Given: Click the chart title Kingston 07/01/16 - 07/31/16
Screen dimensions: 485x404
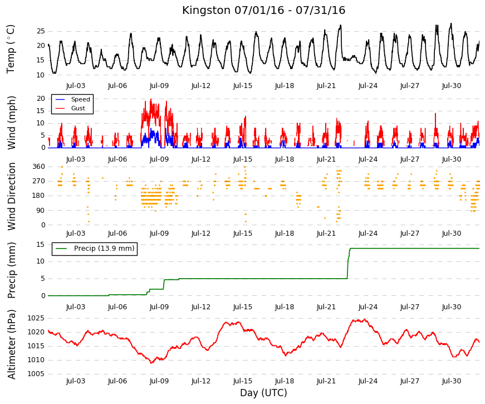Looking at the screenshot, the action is click(263, 10).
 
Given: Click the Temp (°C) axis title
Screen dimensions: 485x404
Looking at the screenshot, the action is click(11, 49).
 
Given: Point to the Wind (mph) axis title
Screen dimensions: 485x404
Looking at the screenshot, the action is click(11, 123).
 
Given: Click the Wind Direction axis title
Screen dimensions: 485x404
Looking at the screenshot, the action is click(11, 196).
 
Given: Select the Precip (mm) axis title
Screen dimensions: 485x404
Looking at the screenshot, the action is click(11, 270).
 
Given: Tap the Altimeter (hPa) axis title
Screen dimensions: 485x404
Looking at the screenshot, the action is click(11, 344).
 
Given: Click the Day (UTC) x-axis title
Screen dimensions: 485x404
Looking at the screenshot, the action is click(263, 393).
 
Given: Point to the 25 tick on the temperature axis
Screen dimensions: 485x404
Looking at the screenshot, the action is click(41, 31).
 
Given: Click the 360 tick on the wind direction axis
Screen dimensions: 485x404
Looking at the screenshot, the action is click(38, 167).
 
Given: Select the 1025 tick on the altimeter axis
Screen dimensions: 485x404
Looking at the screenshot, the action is click(36, 318).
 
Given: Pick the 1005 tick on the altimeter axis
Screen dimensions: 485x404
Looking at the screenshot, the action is click(36, 374).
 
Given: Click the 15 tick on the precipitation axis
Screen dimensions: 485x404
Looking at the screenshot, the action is click(41, 245).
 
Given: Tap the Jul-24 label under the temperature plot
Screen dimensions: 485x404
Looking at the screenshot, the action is click(368, 86).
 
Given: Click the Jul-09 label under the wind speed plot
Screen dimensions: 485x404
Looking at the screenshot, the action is click(159, 159).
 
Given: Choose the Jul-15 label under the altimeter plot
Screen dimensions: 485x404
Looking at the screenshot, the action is click(243, 381).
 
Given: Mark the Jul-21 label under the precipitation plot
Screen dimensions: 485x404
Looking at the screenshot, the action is click(326, 307).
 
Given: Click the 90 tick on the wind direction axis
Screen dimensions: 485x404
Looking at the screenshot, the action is click(41, 211).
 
